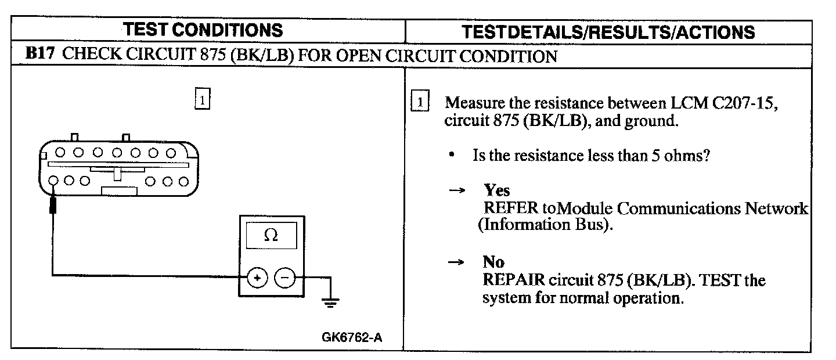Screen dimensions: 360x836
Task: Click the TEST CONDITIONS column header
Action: point(204,30)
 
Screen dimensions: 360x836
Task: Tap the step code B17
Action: point(39,56)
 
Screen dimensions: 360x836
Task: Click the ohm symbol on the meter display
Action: point(271,235)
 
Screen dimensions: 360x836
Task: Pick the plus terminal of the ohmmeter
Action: point(257,278)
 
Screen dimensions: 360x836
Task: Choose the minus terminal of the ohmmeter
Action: point(284,278)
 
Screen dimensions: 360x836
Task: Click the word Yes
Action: point(497,190)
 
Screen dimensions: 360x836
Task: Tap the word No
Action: point(493,262)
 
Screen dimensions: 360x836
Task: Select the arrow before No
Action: point(457,262)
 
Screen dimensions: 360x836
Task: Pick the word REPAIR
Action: point(514,280)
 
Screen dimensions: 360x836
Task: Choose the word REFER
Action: point(511,208)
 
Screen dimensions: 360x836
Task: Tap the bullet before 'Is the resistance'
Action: point(452,156)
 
